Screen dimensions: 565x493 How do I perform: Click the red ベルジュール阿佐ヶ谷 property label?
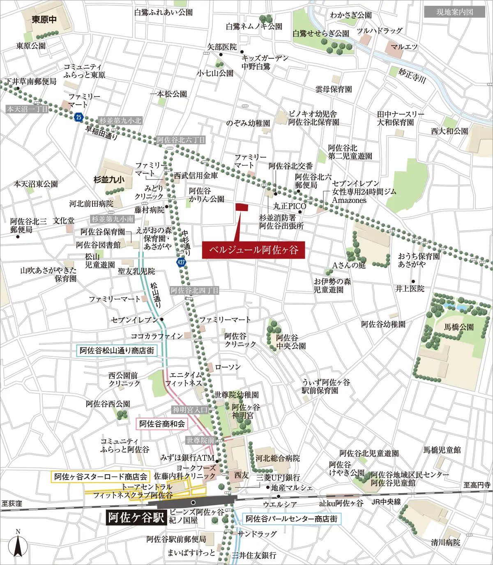coord(253,250)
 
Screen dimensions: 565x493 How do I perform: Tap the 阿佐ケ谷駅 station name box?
coord(136,517)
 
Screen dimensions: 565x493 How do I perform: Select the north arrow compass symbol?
coord(18,544)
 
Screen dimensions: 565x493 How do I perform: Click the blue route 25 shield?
coord(79,117)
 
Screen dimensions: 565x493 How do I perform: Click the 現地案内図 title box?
coord(454,12)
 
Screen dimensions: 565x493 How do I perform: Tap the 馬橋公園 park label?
coord(459,327)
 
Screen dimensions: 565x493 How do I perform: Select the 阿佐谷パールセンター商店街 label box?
coord(291,519)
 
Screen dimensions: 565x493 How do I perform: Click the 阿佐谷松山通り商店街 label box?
coord(117,351)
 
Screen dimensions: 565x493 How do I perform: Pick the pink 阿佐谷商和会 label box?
coord(162,424)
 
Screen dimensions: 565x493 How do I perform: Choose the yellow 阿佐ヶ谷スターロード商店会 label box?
coord(101,477)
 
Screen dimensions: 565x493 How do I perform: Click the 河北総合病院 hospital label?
coord(278,458)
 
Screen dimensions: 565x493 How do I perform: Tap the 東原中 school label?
coord(44,20)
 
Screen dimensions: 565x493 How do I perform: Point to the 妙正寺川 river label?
coord(412,76)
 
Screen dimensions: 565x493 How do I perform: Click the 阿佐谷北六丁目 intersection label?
coord(181,140)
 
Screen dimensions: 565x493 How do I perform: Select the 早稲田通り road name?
coord(101,133)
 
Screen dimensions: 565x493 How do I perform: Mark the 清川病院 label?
coord(445,542)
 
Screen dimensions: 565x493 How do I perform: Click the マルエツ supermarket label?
coord(404,47)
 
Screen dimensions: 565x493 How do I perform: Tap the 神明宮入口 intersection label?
coord(190,410)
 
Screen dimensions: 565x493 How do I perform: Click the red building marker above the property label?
coord(242,207)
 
